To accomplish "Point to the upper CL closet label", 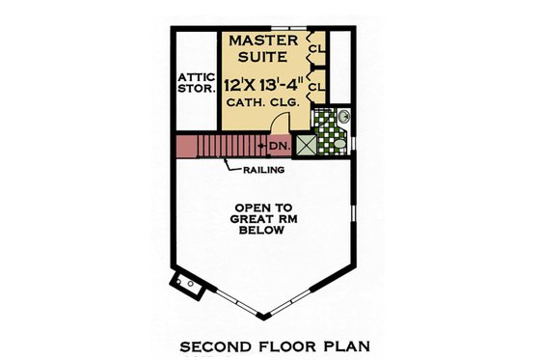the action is point(315,46).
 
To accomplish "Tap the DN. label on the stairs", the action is point(279,146).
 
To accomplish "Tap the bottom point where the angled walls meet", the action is point(265,318).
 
